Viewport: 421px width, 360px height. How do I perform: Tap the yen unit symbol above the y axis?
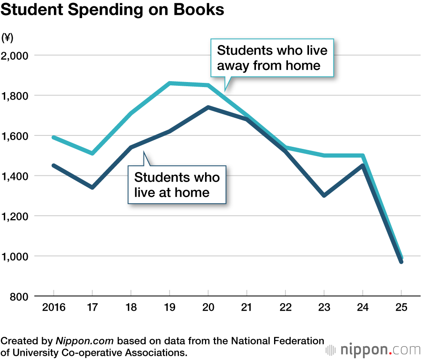click(x=8, y=38)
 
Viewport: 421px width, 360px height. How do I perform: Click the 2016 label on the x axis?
click(x=54, y=307)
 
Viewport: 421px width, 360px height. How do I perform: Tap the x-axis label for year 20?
click(x=208, y=307)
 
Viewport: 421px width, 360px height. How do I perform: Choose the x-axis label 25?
click(x=401, y=307)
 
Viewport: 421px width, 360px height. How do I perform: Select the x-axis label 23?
click(x=324, y=307)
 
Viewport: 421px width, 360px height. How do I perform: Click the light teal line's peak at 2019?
click(x=170, y=83)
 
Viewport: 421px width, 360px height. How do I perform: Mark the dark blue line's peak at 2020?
click(x=208, y=107)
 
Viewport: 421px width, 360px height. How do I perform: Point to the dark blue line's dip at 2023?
click(x=324, y=196)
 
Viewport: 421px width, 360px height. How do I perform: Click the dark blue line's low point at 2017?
click(x=92, y=188)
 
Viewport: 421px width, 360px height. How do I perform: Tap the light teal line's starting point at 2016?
click(x=54, y=137)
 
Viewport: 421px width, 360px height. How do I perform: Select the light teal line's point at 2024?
click(x=362, y=156)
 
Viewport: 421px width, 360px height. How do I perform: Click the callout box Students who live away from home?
click(x=272, y=58)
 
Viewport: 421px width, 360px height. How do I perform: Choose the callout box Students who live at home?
click(x=177, y=185)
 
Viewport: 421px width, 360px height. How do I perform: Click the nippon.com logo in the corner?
click(x=373, y=350)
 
